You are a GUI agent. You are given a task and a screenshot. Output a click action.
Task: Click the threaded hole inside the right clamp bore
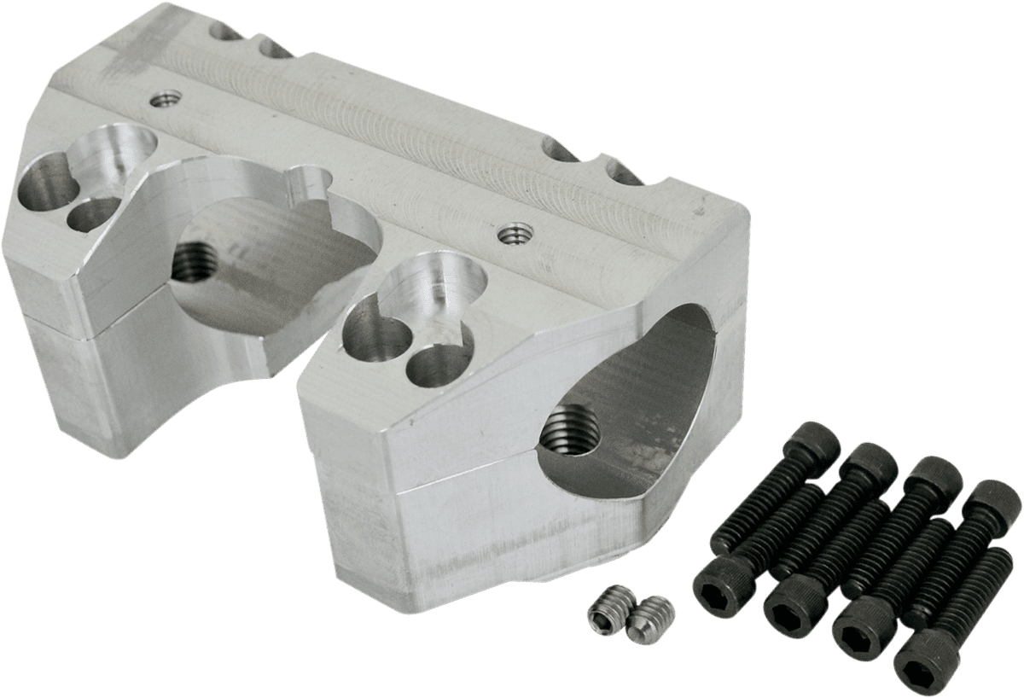[x=572, y=429]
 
